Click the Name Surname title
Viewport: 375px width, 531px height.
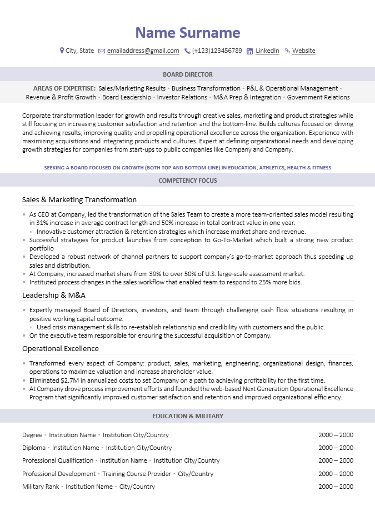188,33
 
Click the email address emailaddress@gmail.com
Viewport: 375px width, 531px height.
143,51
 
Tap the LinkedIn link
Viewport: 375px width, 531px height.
267,51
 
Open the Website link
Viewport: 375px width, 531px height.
303,51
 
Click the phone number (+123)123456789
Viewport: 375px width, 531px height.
217,51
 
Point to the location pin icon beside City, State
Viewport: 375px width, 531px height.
62,51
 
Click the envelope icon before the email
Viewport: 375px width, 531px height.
102,51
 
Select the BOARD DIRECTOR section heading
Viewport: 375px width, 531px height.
188,74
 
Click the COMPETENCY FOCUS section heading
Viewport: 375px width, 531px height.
188,181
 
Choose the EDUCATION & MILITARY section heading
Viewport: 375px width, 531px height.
188,416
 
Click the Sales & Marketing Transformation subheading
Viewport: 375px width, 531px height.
79,199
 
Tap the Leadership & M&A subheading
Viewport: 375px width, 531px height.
54,295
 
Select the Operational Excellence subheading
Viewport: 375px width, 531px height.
61,348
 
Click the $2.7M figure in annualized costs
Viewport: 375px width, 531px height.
67,380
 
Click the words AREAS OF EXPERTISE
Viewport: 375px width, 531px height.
64,88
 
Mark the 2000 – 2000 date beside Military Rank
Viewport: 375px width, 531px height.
336,487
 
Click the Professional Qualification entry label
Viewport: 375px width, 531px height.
58,460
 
